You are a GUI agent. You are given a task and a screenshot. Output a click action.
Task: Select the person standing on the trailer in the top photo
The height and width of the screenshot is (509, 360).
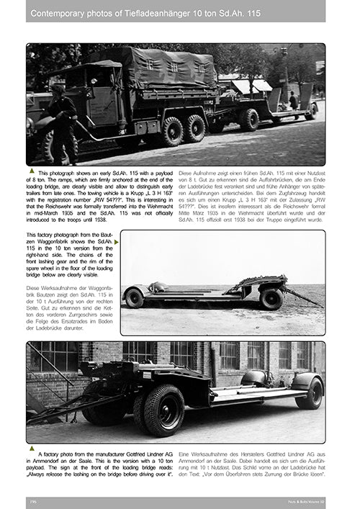tap(293, 100)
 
